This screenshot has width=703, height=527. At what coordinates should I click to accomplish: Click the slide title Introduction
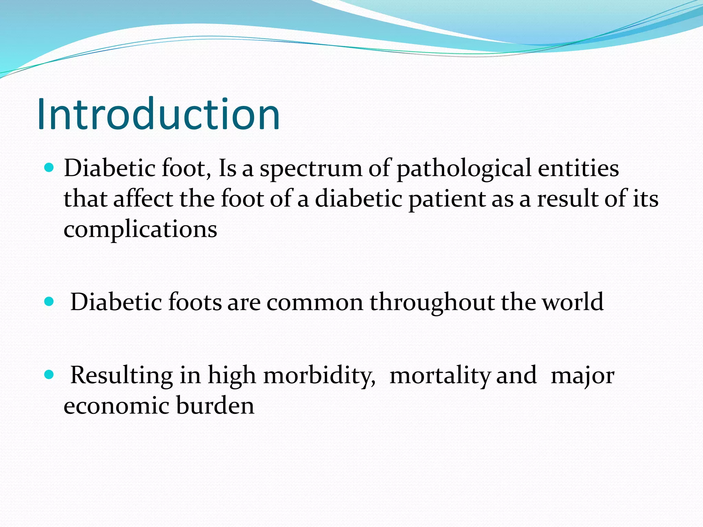coord(159,114)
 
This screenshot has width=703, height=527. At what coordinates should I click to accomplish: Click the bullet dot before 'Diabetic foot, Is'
coord(50,167)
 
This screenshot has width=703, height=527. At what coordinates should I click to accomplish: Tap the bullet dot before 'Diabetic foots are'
coord(50,302)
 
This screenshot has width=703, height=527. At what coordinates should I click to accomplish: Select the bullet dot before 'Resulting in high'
coord(50,375)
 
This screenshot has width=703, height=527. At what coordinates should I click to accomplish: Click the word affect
coord(143,199)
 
